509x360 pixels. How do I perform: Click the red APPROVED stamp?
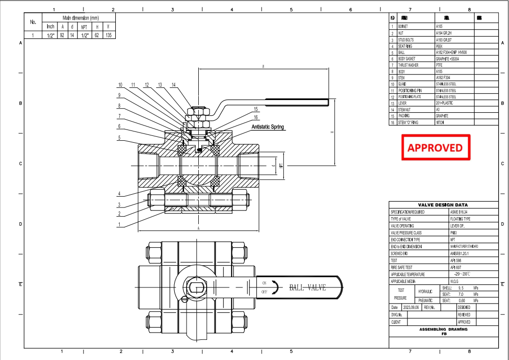pyautogui.click(x=435, y=147)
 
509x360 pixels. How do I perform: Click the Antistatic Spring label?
pyautogui.click(x=268, y=127)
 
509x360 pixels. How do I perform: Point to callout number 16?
pyautogui.click(x=255, y=117)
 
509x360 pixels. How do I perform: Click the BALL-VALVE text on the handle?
pyautogui.click(x=307, y=287)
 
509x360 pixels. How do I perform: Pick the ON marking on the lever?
pyautogui.click(x=264, y=283)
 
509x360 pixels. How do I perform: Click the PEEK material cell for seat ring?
pyautogui.click(x=439, y=46)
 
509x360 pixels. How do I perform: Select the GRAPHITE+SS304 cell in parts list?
pyautogui.click(x=448, y=58)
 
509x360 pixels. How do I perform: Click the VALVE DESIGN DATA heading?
pyautogui.click(x=443, y=205)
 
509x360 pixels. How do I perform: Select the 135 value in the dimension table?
pyautogui.click(x=108, y=35)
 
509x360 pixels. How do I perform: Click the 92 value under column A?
pyautogui.click(x=62, y=35)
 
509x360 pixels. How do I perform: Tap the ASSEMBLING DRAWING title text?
pyautogui.click(x=443, y=330)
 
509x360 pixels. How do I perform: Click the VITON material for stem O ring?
pyautogui.click(x=440, y=122)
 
